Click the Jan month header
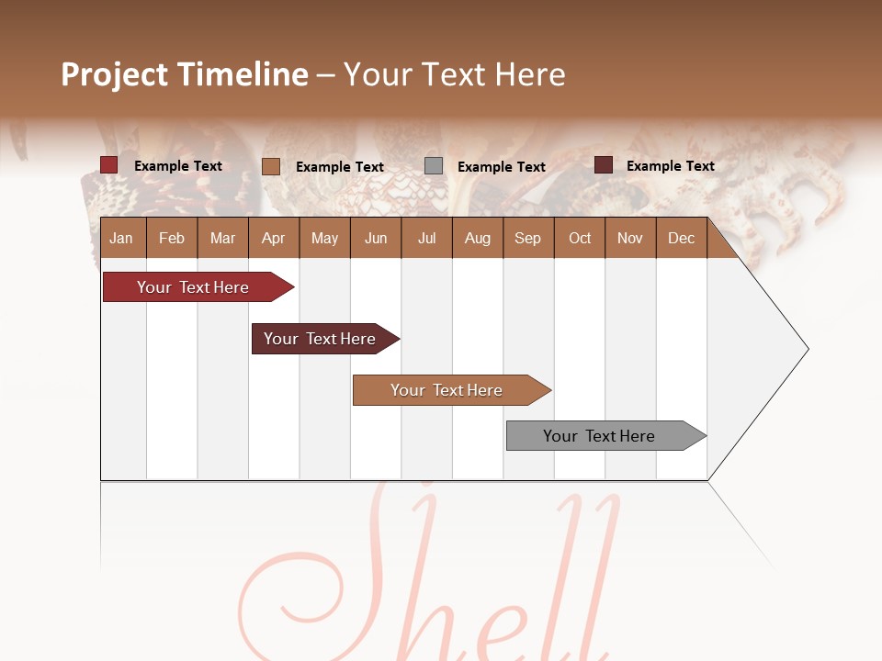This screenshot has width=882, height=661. pos(121,238)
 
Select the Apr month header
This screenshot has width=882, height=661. pos(273,238)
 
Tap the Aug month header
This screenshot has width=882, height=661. pos(477,238)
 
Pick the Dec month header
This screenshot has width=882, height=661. pos(681,238)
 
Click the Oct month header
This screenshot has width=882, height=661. pos(580,238)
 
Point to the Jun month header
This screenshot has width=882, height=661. pos(376,238)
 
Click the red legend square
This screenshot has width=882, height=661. pos(109,165)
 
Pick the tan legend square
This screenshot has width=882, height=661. pos(271,166)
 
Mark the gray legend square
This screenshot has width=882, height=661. pos(434,166)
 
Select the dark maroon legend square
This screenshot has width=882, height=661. pos(604,165)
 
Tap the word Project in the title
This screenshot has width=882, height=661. pos(115,74)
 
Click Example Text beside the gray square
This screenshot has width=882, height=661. pos(501,167)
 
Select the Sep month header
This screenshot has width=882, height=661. pos(527,238)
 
